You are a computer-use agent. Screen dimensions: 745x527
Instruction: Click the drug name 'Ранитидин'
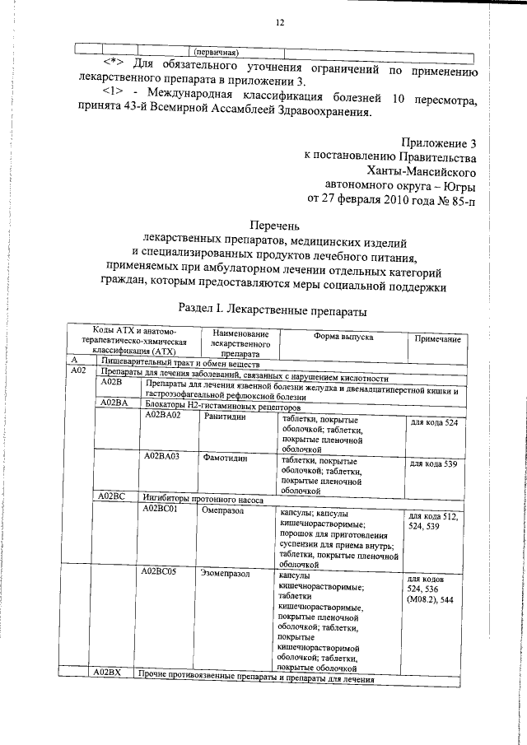click(x=226, y=416)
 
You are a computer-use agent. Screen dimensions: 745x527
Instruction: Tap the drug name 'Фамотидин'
click(x=226, y=457)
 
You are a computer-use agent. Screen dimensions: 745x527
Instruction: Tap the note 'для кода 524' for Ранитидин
click(x=433, y=423)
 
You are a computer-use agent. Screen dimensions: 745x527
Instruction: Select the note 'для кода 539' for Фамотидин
click(x=433, y=464)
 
